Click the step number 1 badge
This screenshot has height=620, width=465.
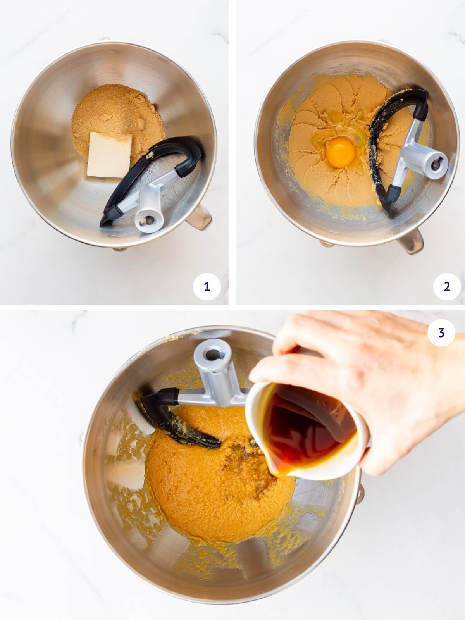click(207, 287)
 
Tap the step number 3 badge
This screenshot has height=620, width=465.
click(441, 332)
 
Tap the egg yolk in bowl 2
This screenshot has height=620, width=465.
click(341, 153)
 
